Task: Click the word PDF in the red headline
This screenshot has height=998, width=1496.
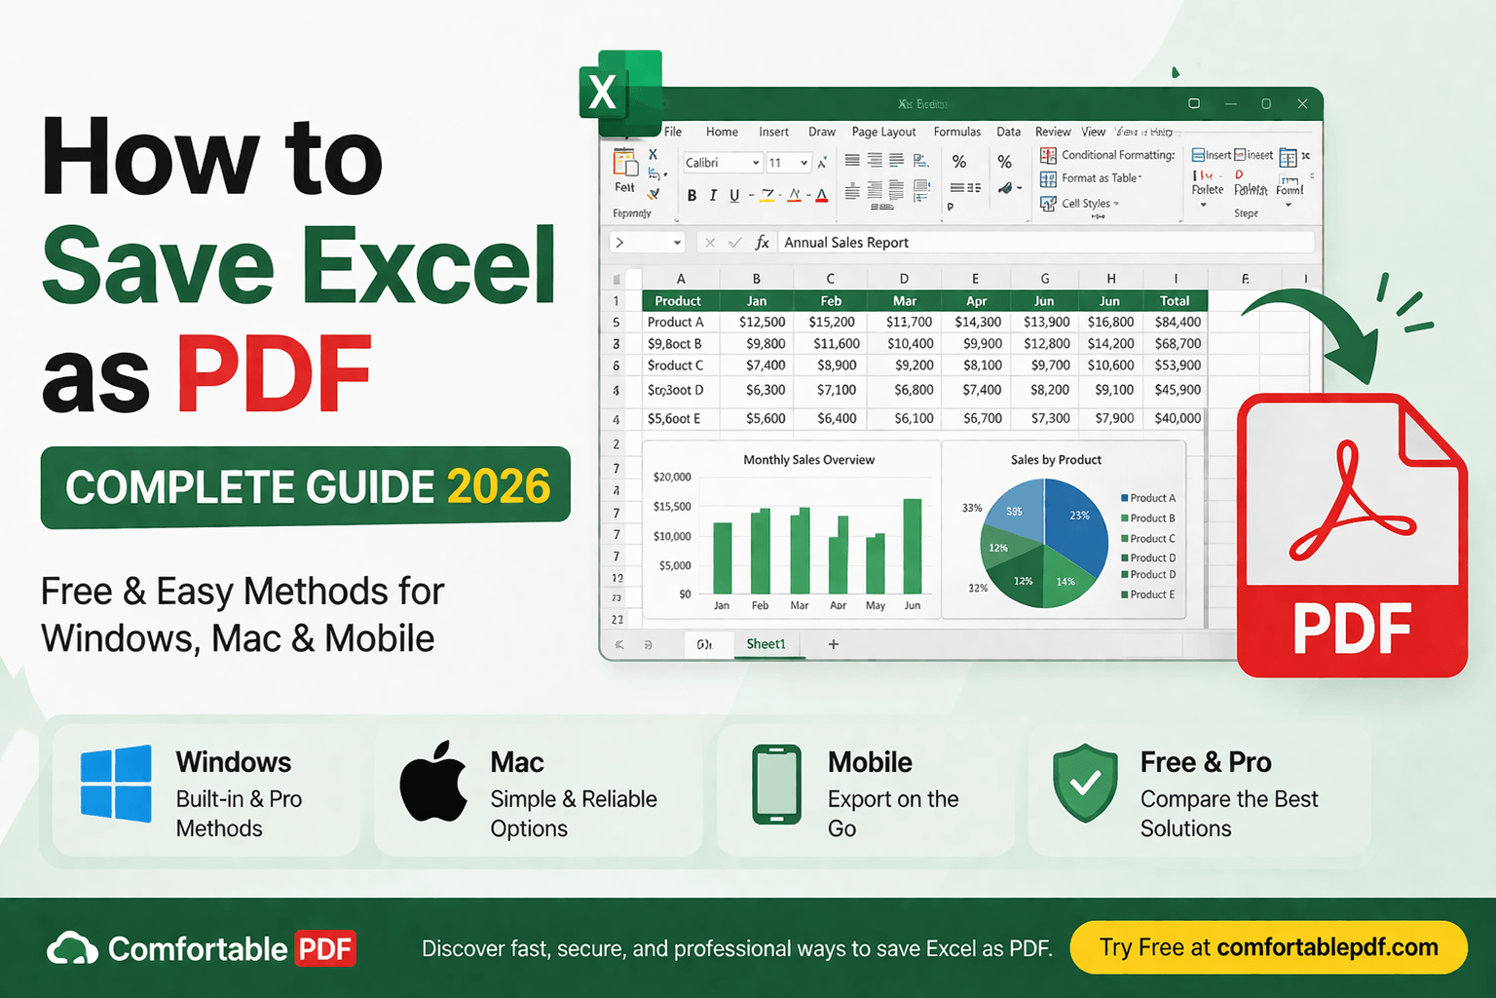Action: [274, 375]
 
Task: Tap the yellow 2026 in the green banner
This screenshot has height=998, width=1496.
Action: [499, 487]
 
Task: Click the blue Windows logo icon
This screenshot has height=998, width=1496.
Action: [116, 784]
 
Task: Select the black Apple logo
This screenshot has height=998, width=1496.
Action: [433, 783]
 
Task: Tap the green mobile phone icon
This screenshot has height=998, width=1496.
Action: [776, 785]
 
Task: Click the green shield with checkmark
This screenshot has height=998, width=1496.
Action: [1085, 783]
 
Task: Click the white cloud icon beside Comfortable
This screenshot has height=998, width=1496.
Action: [73, 949]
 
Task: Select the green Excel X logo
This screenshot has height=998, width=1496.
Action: [619, 93]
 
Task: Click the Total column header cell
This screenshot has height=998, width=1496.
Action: [1175, 301]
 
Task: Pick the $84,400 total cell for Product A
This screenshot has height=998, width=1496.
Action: [1178, 322]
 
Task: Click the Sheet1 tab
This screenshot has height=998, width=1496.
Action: [766, 644]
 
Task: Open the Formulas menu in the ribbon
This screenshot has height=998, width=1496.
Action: [956, 132]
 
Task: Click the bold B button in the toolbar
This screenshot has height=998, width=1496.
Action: [692, 195]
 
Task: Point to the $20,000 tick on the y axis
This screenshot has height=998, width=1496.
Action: [672, 477]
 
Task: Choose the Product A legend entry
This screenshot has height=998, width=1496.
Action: [1149, 498]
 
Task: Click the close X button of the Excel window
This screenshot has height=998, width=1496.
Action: [1302, 103]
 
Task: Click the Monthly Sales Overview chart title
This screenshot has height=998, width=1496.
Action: [808, 460]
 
